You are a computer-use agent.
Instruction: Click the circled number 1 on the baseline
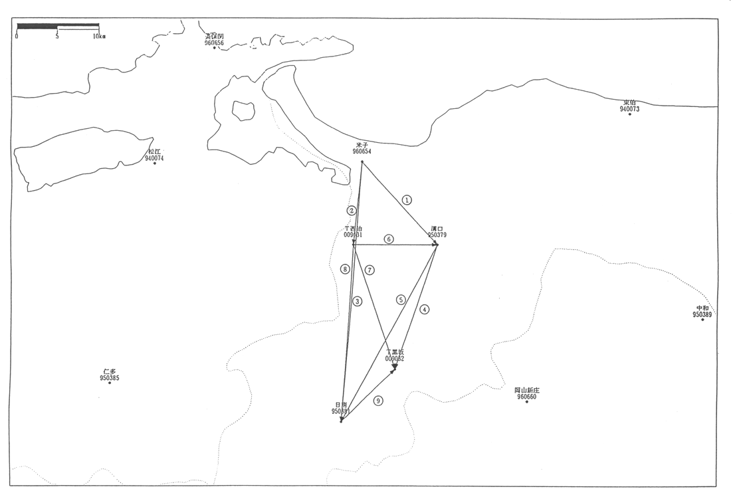pos(407,199)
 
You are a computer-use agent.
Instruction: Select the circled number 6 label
pos(389,239)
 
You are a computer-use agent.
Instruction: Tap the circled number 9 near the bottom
pos(378,401)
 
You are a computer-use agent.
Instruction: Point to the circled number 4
pos(425,309)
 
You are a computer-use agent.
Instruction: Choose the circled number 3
pos(358,301)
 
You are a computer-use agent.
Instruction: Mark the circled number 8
pos(344,269)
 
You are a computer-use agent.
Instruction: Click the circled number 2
pos(352,210)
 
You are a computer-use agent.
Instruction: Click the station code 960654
pos(362,151)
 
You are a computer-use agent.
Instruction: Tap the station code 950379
pos(437,235)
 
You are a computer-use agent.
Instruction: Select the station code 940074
pos(154,158)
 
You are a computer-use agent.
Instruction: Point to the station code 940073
pos(629,109)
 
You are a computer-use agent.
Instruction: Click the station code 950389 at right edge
pos(702,314)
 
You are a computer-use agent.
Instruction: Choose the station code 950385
pos(110,378)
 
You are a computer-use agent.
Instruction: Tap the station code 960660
pos(526,397)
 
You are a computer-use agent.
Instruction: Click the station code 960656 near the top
pos(215,43)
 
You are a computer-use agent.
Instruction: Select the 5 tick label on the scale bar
pos(57,37)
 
